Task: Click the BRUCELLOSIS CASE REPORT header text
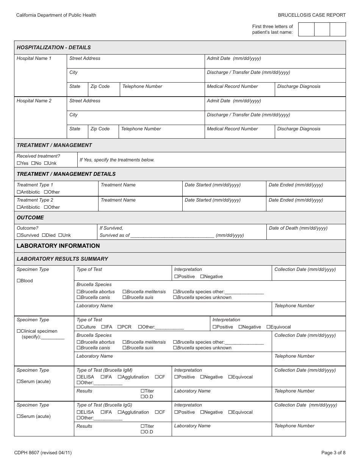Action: point(311,15)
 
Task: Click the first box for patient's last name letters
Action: point(306,30)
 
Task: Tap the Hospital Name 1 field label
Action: point(34,58)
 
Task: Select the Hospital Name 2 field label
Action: point(34,101)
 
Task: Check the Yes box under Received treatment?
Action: point(19,163)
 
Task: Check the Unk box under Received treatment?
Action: point(46,163)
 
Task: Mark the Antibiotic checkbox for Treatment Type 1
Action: point(19,192)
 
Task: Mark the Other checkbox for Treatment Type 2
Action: point(46,207)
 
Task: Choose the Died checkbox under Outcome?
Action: point(44,235)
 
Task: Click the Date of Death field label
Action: point(298,228)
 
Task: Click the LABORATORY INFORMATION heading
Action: point(58,246)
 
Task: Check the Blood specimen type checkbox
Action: point(19,281)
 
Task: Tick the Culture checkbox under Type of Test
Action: point(78,327)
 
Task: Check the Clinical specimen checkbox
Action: point(19,331)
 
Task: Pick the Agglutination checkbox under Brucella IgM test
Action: point(119,377)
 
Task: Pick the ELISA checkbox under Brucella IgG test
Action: point(78,412)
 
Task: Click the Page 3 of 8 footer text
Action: point(333,452)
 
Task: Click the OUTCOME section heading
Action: point(30,217)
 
